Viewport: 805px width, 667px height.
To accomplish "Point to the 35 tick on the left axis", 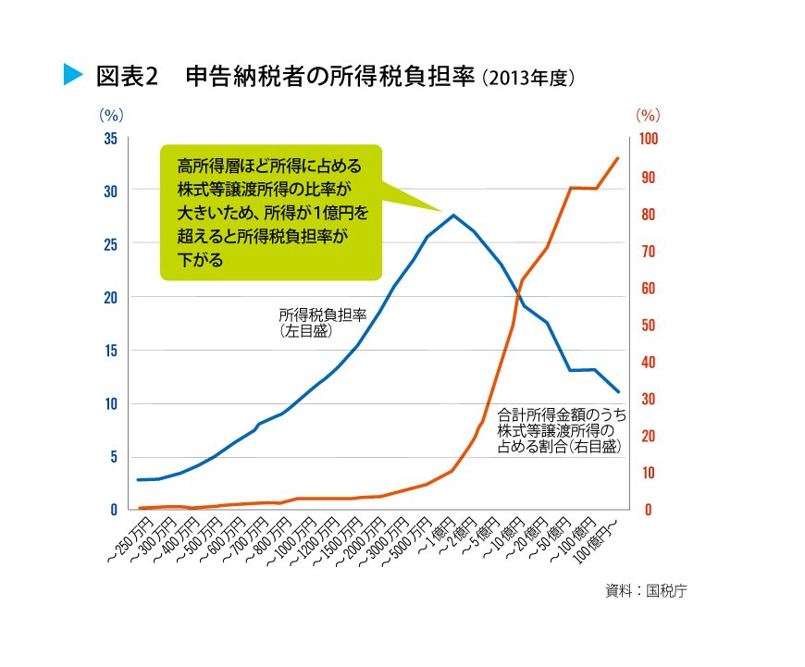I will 109,139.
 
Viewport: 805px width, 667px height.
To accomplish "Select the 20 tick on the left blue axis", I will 109,298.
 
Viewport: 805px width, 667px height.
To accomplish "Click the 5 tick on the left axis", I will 112,457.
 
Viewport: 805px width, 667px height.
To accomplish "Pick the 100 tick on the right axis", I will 648,139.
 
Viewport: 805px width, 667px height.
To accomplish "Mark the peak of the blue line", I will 453,215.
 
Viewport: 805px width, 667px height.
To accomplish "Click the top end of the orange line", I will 618,158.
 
